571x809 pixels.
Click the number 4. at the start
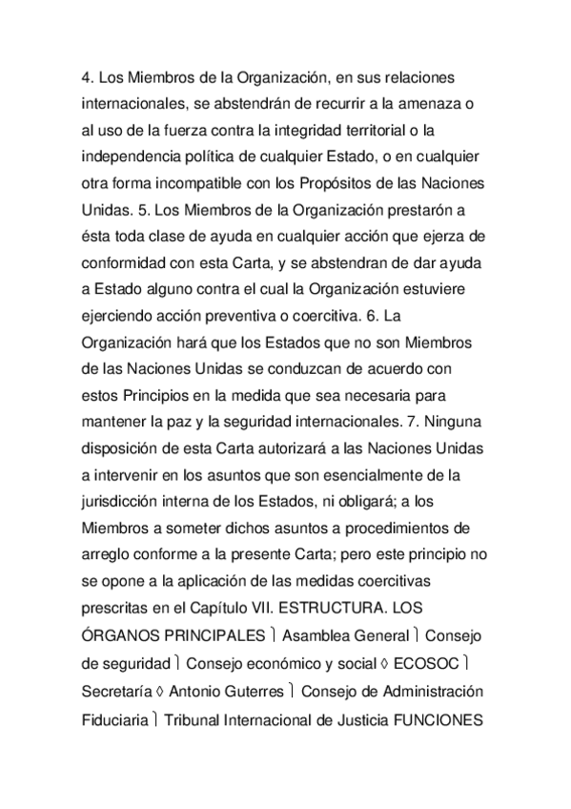87,76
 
